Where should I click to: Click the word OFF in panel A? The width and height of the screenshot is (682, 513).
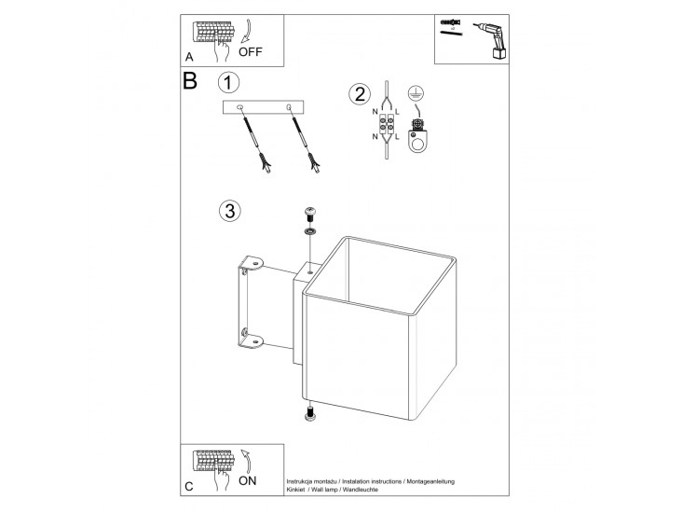[265, 52]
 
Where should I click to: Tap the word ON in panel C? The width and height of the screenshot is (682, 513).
[248, 481]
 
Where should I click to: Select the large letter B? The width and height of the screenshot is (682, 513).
[191, 82]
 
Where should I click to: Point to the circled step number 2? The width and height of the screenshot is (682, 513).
[358, 94]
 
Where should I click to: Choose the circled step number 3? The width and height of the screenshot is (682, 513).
[229, 210]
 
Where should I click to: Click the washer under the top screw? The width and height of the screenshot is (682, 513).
[310, 230]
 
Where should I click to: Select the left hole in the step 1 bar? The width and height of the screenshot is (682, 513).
[240, 108]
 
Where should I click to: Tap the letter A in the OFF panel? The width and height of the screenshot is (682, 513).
[189, 57]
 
